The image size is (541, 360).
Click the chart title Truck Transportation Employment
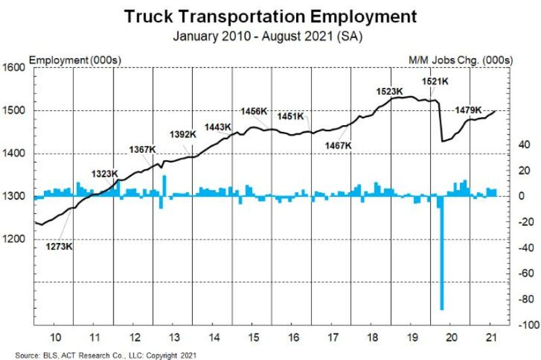tap(270, 16)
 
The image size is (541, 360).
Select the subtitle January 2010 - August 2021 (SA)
tap(270, 36)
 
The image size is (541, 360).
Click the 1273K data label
tap(59, 246)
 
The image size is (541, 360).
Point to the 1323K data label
tap(105, 174)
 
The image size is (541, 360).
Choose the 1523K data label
tap(390, 91)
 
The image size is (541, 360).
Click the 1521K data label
tap(436, 81)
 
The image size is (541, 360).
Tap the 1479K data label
tap(468, 110)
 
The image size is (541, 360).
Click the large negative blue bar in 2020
tap(442, 257)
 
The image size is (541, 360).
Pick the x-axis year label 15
tap(253, 337)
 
